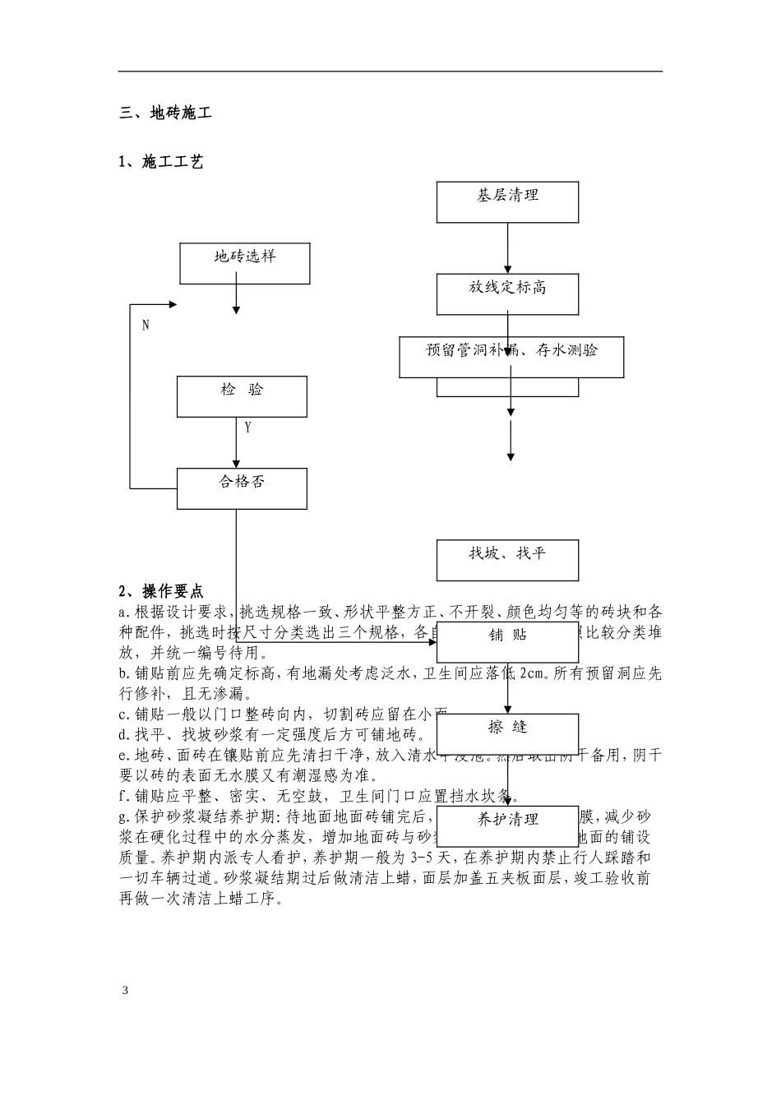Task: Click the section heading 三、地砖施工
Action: click(x=165, y=113)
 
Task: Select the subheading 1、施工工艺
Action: click(x=160, y=162)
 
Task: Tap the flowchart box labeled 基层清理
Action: click(x=507, y=201)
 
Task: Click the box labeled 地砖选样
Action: click(x=245, y=263)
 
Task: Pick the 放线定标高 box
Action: click(x=507, y=294)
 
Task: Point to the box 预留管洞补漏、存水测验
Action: click(x=511, y=356)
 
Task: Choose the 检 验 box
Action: click(x=242, y=396)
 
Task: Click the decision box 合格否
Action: click(x=242, y=488)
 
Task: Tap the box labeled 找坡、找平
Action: click(x=507, y=560)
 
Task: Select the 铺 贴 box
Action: click(x=507, y=641)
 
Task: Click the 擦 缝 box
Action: click(x=507, y=733)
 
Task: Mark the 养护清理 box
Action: click(x=507, y=825)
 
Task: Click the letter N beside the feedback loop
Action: click(x=146, y=326)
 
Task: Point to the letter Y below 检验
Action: click(x=247, y=428)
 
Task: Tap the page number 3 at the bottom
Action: click(x=125, y=990)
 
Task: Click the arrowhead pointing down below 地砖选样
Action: click(x=237, y=309)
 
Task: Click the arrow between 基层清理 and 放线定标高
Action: click(x=507, y=247)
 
